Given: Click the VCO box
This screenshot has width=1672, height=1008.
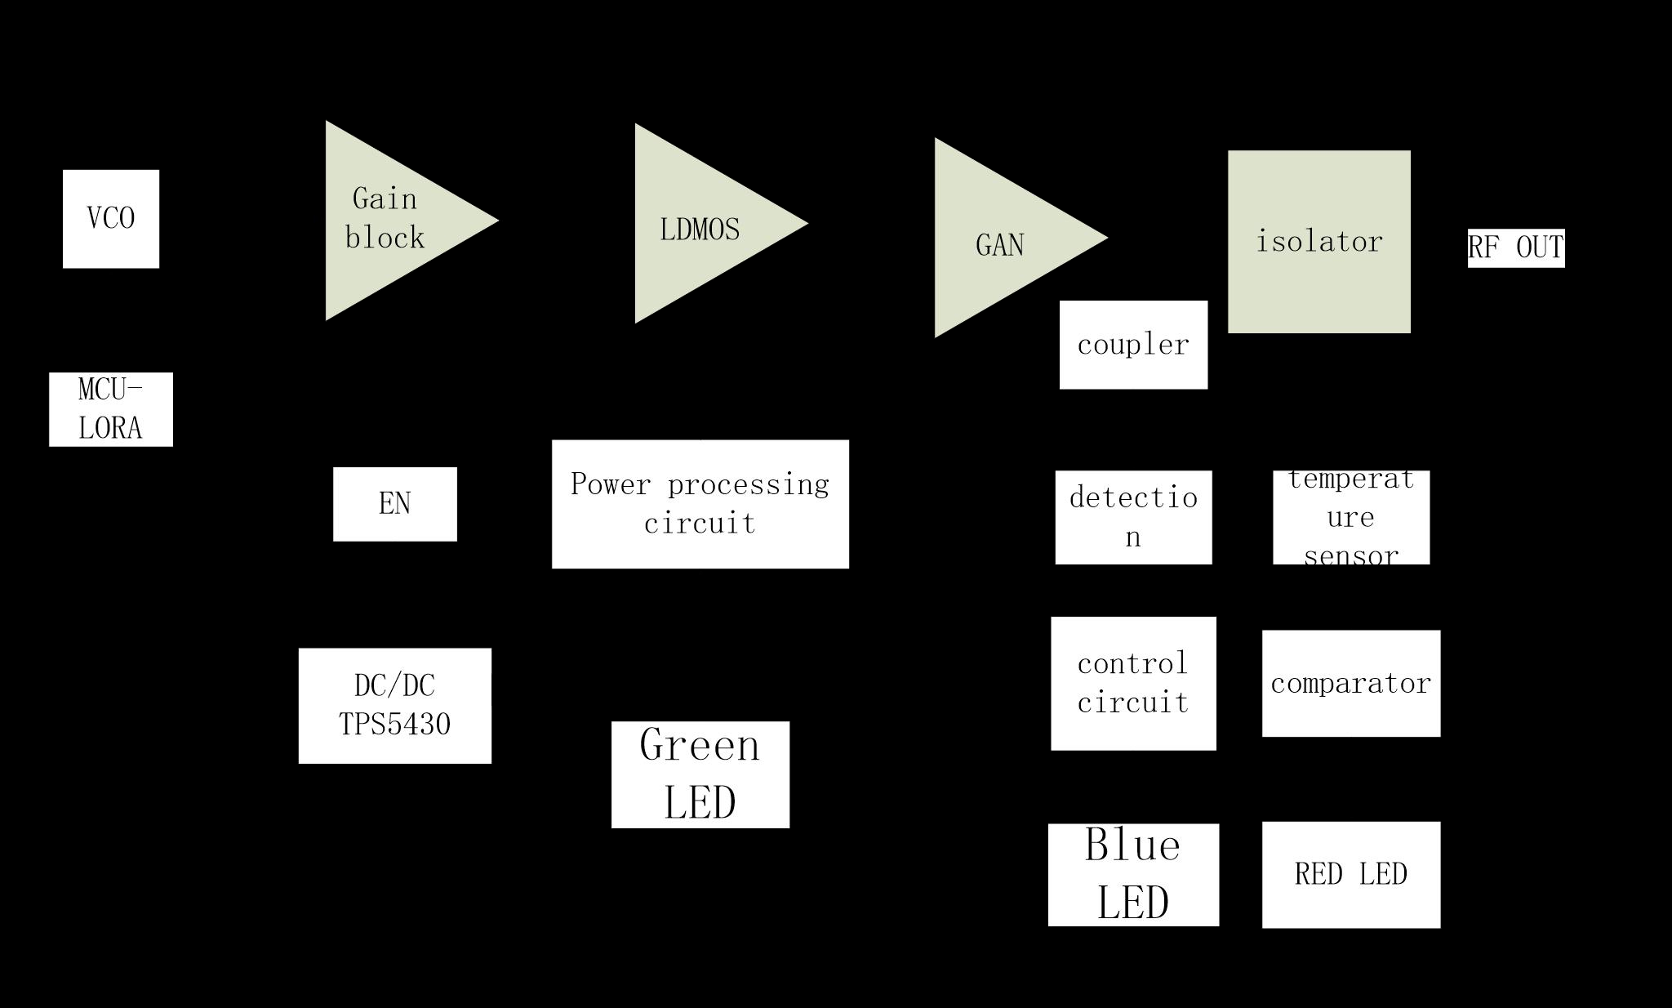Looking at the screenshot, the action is pos(111,219).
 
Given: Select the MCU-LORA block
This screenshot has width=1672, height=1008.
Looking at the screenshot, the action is pos(111,409).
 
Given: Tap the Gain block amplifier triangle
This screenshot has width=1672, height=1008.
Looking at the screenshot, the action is pos(392,221).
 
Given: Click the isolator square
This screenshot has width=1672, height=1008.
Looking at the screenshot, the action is pos(1319,242).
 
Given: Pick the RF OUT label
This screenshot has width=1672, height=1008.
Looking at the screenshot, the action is pos(1516,248).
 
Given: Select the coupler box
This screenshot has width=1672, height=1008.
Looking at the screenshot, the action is pos(1133,345).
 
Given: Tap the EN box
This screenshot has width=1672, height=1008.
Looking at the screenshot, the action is pos(395,504).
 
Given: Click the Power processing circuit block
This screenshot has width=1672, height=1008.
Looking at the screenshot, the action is pos(700,504).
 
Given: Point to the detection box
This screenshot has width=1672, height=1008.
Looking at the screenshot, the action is pos(1133,517).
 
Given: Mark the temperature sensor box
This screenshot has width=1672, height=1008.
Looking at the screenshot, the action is pos(1351,517).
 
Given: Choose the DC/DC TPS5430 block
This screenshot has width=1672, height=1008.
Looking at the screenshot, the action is pos(395,706).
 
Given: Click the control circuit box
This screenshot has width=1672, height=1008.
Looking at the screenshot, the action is pos(1133,684).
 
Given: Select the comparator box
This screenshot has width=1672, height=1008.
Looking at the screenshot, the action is pos(1351,684).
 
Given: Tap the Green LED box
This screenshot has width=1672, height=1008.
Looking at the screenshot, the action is pos(700,774).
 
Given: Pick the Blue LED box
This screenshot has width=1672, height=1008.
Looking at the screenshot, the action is pos(1133,875).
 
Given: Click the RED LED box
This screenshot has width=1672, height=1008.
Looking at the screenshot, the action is pos(1351,875).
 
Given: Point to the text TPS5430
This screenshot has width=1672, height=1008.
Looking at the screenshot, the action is pos(395,725).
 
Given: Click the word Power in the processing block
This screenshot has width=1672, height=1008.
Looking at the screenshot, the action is pos(611,484).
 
